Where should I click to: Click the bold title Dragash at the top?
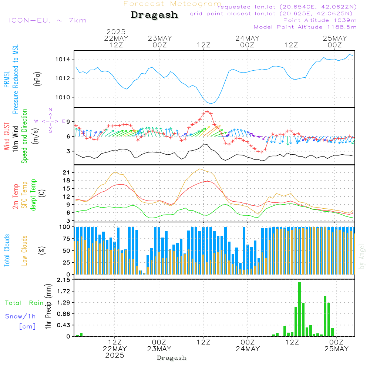pos(154,15)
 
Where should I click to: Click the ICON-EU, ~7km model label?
pos(48,20)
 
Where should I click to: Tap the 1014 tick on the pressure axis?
pos(63,59)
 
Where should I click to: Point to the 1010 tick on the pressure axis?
pos(63,97)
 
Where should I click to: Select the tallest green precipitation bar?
pos(299,309)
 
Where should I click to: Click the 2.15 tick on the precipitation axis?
pos(64,280)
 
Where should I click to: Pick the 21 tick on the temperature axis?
pos(66,172)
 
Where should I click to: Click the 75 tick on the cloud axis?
pos(66,239)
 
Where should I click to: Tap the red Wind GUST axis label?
pos(7,136)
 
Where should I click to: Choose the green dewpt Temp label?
pos(33,195)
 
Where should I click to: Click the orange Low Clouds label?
pos(24,250)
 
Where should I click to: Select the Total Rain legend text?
pos(24,303)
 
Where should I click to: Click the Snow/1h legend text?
pos(20,316)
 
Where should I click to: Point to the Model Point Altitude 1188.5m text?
pos(305,27)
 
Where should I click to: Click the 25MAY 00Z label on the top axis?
pos(335,41)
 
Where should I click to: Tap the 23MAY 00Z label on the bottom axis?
pos(159,345)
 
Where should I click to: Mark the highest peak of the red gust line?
pos(207,112)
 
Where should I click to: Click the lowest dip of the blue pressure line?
pos(211,103)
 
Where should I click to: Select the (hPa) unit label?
pos(37,79)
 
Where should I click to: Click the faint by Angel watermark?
pos(362,256)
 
